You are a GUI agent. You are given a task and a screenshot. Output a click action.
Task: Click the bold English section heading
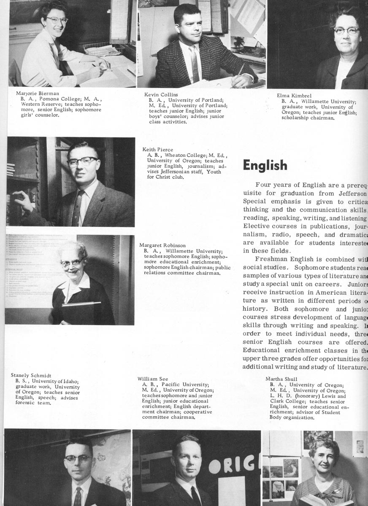click(x=265, y=165)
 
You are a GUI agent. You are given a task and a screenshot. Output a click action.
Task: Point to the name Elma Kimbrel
click(x=294, y=95)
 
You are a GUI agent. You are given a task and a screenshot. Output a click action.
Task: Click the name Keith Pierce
click(x=158, y=149)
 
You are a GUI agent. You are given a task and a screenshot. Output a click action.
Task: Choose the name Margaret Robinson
click(x=162, y=245)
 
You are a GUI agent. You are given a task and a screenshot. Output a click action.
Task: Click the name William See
click(x=153, y=379)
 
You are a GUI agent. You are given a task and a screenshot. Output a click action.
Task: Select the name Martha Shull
click(x=281, y=379)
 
